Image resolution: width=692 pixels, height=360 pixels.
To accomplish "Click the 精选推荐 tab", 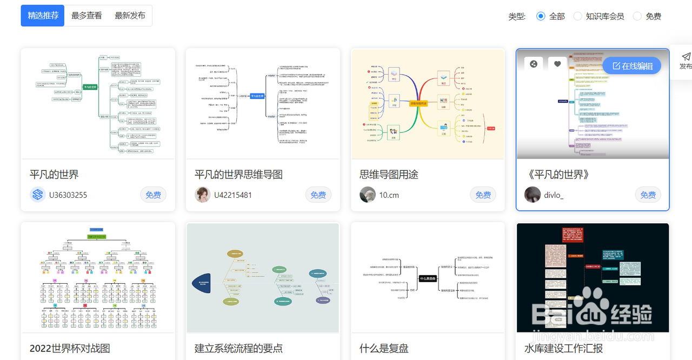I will (43, 16).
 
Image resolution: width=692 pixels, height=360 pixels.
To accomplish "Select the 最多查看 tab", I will (86, 16).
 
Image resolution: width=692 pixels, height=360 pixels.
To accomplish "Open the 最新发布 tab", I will (130, 16).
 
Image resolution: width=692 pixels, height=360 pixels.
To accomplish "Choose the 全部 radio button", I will (541, 16).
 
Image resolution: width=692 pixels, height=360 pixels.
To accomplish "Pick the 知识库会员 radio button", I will (578, 16).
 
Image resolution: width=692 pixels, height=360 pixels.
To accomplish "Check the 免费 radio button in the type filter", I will (637, 16).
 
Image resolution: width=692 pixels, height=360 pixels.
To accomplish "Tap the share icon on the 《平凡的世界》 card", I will (534, 64).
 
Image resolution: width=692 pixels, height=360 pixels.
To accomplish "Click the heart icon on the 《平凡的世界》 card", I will (557, 64).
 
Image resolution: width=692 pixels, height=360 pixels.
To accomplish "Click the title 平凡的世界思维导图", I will (238, 175).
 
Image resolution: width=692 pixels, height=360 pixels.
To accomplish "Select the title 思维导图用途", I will (389, 175).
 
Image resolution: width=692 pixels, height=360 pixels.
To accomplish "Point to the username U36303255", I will (68, 195).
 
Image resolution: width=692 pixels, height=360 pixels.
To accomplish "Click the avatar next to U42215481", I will (203, 195).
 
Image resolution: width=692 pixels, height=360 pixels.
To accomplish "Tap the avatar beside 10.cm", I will (368, 195).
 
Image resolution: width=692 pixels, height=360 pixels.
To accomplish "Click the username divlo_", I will (554, 195).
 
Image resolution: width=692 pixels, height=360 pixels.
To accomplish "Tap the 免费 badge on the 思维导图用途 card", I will (483, 195).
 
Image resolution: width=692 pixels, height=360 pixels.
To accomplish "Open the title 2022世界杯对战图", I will (70, 349).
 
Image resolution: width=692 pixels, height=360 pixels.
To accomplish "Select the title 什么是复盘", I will (384, 349).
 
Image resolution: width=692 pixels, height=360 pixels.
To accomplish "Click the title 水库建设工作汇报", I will (563, 349).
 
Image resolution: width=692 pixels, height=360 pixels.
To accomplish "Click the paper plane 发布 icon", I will (686, 57).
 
